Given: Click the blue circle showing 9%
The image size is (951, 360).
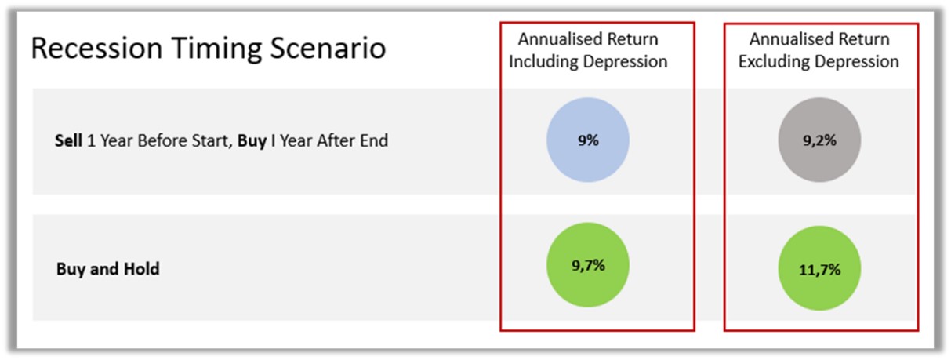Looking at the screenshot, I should click(x=587, y=142).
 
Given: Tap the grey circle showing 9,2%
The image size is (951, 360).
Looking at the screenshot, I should click(x=819, y=142).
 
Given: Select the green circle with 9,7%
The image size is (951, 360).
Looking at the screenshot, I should click(x=587, y=266).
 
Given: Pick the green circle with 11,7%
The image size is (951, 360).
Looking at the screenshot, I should click(x=819, y=269).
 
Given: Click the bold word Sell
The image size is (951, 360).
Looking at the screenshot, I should click(x=68, y=142).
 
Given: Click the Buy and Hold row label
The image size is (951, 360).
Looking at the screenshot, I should click(x=108, y=269).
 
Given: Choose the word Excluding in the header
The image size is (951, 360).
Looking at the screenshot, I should click(x=774, y=62).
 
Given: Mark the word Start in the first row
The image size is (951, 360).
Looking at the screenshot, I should click(x=215, y=142).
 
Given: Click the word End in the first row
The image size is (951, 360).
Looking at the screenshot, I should click(x=374, y=142).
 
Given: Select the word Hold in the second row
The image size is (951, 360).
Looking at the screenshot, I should click(x=143, y=269).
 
